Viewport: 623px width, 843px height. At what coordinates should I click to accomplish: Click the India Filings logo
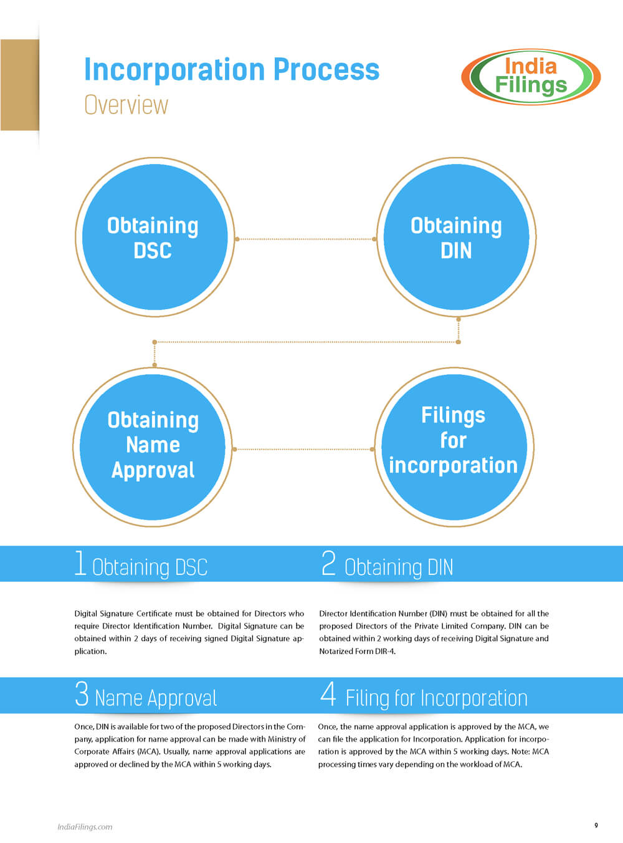(x=531, y=76)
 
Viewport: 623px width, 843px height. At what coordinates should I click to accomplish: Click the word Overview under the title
(x=126, y=105)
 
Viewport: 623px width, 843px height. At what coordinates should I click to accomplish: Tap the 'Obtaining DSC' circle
(x=155, y=238)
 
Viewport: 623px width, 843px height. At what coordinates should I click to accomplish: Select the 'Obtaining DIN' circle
(x=456, y=238)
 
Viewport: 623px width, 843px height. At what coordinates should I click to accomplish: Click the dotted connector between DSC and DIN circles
(x=305, y=239)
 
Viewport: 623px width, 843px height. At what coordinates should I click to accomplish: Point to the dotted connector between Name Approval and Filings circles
(x=303, y=449)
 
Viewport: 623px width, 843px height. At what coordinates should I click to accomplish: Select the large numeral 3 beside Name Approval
(x=82, y=694)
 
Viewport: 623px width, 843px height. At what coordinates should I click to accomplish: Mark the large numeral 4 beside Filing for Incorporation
(x=328, y=694)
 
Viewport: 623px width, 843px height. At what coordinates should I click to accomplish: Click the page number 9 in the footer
(x=596, y=826)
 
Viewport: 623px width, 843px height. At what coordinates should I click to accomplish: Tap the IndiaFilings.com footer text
(x=85, y=827)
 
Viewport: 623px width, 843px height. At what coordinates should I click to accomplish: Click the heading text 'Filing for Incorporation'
(x=436, y=698)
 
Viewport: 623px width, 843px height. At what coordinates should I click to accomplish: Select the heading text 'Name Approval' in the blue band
(x=156, y=698)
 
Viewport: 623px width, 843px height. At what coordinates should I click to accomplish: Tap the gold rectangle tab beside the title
(x=19, y=85)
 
